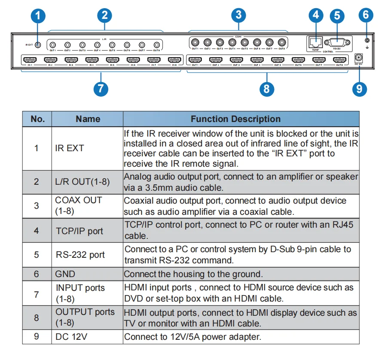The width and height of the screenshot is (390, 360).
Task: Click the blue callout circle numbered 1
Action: coord(39,16)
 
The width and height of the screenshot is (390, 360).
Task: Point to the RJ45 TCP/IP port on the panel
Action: coord(316,42)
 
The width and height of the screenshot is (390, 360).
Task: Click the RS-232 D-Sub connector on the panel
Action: coord(337,42)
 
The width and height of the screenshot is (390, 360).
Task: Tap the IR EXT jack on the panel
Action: coord(38,44)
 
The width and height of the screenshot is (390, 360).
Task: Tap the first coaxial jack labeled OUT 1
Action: coord(195,43)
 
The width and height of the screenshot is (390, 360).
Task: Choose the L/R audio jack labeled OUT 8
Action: coord(156,44)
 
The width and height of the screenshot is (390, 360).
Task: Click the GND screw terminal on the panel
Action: coord(366,40)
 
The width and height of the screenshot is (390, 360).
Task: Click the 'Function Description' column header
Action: coord(235,119)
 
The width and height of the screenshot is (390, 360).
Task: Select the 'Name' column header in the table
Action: coord(88,119)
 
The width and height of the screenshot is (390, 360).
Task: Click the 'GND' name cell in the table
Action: coord(65,274)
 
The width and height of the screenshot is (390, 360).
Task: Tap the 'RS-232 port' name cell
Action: coord(80,254)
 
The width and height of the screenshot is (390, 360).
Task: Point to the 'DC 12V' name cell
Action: coord(71,337)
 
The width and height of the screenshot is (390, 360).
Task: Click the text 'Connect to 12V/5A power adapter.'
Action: coord(192,337)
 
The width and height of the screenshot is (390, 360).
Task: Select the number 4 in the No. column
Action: coord(37,231)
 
